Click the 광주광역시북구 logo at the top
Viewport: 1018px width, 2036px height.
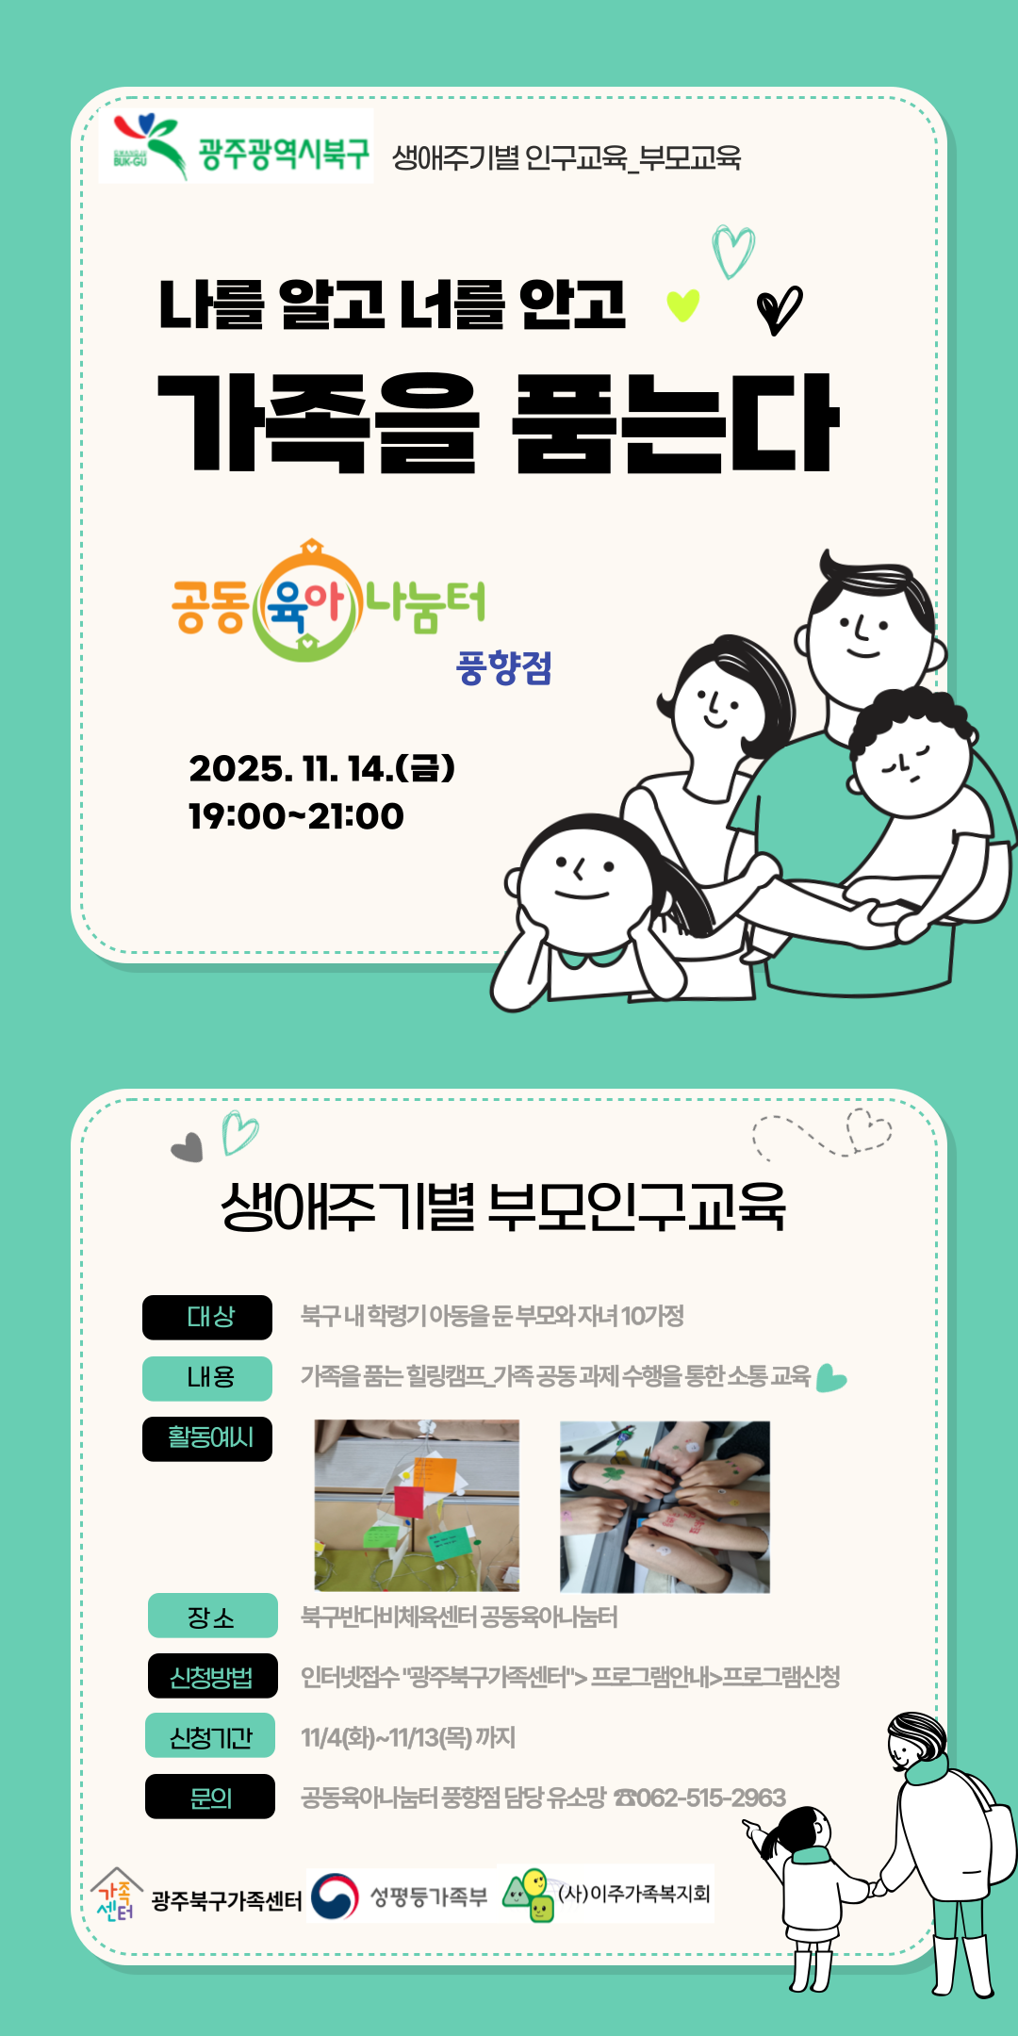coord(236,146)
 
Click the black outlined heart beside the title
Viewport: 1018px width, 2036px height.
coord(780,309)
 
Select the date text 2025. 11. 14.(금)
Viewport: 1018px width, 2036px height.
coord(321,768)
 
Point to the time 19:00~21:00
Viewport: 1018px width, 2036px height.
coord(296,816)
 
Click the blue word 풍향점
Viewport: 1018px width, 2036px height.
coord(504,668)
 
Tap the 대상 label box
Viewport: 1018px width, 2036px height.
coord(207,1317)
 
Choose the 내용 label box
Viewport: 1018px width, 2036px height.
coord(207,1378)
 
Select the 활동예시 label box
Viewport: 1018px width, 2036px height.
coord(207,1438)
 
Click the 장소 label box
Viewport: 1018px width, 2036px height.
coord(213,1616)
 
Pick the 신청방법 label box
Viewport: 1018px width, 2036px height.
coord(213,1676)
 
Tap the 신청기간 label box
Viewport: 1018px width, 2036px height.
coord(210,1735)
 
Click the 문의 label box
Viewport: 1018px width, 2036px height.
coord(210,1797)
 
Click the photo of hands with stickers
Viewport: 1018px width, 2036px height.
coord(665,1507)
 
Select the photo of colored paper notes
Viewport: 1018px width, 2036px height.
coord(417,1505)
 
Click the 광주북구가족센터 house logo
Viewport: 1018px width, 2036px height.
coord(117,1895)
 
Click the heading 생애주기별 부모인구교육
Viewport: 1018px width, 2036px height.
coord(503,1207)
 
